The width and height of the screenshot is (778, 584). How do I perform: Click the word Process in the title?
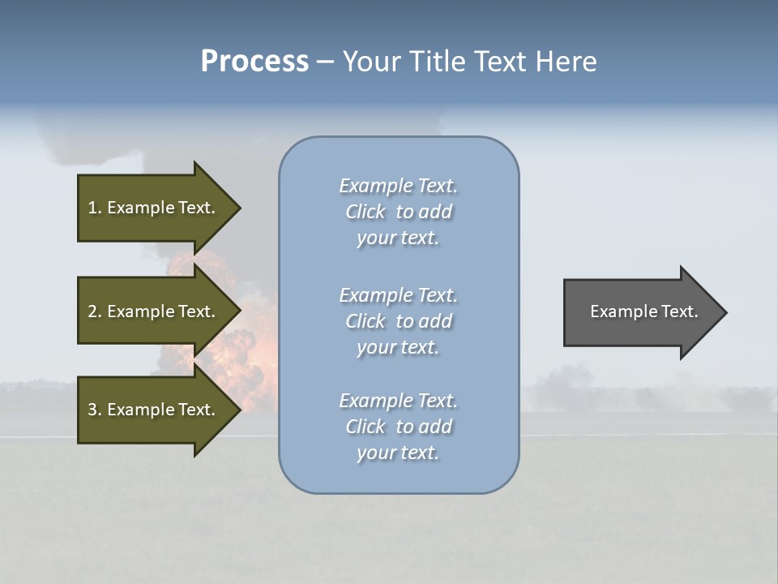pyautogui.click(x=254, y=62)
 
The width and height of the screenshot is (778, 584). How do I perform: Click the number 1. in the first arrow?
pyautogui.click(x=95, y=208)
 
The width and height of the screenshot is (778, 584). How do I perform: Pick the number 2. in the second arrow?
pyautogui.click(x=95, y=311)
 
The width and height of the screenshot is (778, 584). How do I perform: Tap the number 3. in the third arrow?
pyautogui.click(x=95, y=410)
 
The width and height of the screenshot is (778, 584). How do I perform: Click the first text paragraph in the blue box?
pyautogui.click(x=398, y=212)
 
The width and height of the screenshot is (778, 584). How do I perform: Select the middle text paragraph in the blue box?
pyautogui.click(x=398, y=321)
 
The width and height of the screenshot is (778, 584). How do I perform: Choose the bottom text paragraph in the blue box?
pyautogui.click(x=398, y=427)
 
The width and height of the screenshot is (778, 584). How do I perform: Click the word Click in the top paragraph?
pyautogui.click(x=365, y=212)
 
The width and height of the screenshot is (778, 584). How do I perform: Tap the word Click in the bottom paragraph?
pyautogui.click(x=365, y=427)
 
